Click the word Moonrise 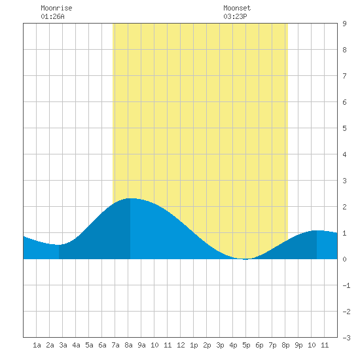56,8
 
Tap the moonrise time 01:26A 52,16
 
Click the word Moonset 237,8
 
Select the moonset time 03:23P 235,16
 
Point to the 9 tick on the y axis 344,24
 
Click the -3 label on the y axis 347,338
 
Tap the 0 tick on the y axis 344,259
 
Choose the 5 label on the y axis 344,128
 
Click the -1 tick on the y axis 347,285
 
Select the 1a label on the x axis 37,345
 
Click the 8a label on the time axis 128,345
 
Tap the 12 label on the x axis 181,345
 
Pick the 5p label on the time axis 246,345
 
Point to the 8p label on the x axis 285,345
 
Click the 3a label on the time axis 63,345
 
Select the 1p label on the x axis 194,345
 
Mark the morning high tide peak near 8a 130,198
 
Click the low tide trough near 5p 245,259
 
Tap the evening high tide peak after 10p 317,230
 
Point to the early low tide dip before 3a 59,245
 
